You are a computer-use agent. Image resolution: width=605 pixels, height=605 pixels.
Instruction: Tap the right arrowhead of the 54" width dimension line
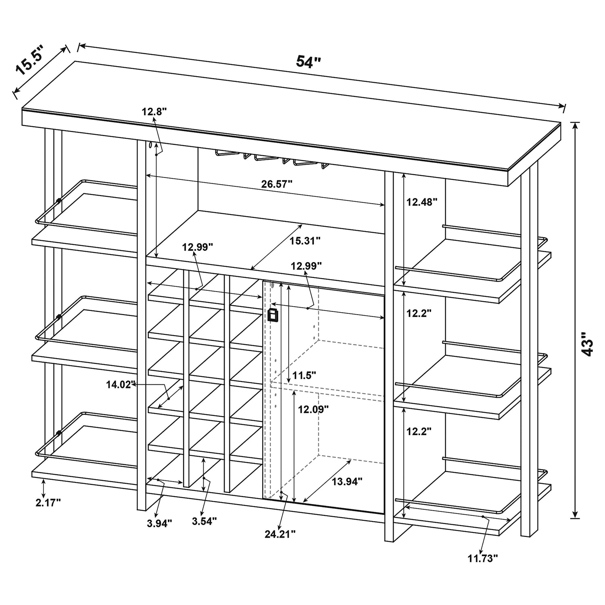point(561,106)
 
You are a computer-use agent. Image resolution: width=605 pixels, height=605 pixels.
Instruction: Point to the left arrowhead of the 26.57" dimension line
point(149,175)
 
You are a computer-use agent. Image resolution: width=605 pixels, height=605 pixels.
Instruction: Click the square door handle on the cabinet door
point(273,315)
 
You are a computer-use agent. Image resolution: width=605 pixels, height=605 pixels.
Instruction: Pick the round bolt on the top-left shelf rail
point(59,200)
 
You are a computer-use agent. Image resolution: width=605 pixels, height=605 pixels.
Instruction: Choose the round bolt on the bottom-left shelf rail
point(59,434)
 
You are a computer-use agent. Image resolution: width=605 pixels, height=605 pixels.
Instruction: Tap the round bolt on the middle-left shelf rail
point(59,317)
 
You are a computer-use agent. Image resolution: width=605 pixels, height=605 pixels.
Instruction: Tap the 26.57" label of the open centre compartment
point(276,184)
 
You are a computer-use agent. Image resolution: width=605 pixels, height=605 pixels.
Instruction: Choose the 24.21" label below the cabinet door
point(280,534)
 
